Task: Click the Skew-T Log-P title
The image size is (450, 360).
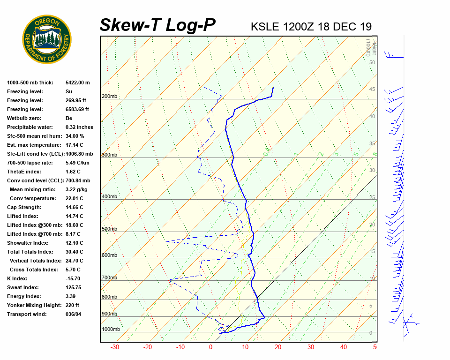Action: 157,25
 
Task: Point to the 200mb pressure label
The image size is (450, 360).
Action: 109,97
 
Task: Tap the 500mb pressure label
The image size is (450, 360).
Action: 109,229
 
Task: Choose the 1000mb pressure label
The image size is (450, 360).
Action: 111,330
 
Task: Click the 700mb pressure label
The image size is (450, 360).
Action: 109,278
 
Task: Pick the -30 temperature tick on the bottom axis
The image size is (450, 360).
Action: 114,347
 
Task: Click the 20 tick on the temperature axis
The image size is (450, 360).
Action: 277,347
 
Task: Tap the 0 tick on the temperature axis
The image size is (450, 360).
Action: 210,347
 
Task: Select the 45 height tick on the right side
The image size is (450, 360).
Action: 372,90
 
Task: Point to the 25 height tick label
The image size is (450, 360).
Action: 372,198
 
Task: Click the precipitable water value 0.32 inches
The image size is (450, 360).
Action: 79,127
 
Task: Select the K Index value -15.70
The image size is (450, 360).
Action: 74,278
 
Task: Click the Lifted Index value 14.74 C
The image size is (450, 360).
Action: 75,216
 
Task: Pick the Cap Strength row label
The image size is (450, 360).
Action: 24,207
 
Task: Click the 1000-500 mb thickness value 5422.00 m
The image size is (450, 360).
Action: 78,82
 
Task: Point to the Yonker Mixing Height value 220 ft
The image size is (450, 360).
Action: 72,305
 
